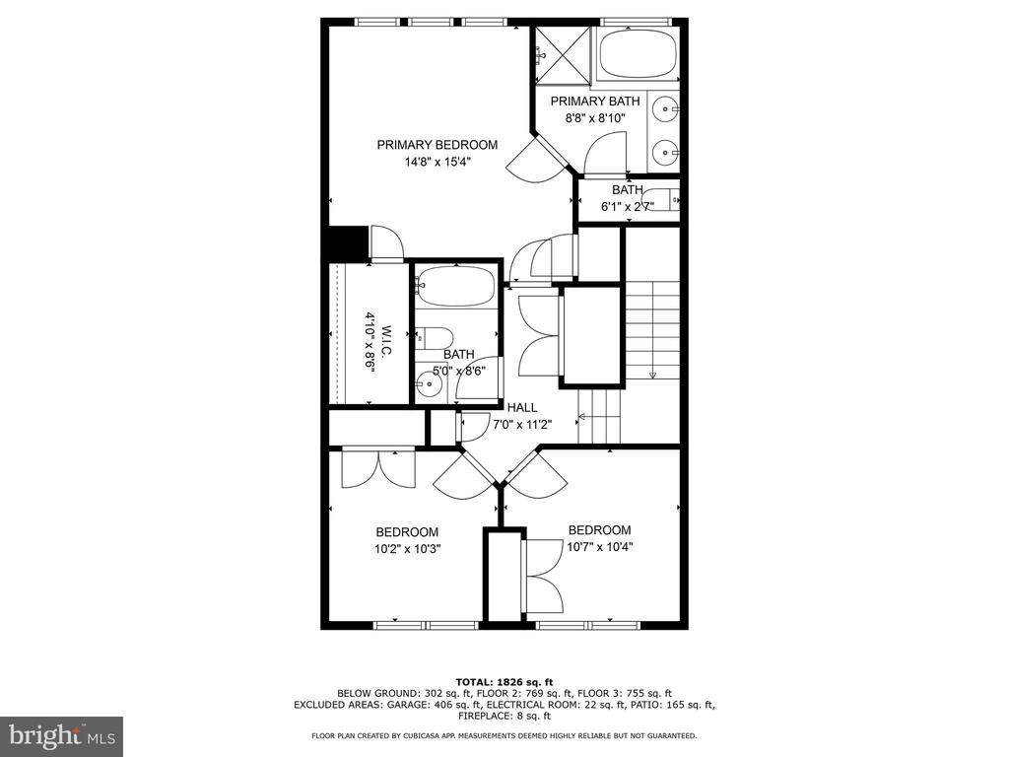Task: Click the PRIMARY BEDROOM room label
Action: tap(437, 145)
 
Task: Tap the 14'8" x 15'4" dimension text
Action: tap(437, 162)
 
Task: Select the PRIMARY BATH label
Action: tap(595, 102)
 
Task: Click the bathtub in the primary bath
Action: tap(638, 55)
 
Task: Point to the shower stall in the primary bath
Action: tap(563, 55)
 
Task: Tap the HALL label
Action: tap(522, 407)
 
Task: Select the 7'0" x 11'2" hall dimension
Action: tap(522, 424)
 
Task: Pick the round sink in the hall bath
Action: tap(428, 385)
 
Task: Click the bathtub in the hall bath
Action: tap(456, 286)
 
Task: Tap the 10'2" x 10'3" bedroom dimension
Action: tap(407, 549)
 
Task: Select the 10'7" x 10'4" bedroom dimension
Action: tap(600, 547)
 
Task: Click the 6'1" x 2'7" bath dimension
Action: tap(628, 207)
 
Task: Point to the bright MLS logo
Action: tap(62, 735)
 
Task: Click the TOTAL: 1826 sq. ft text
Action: tap(504, 682)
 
